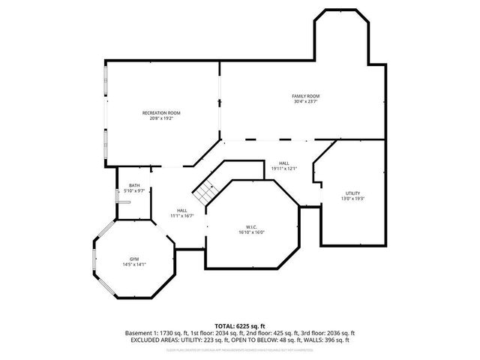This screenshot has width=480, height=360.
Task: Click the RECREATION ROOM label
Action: tap(161, 113)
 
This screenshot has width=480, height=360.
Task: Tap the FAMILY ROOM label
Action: tap(306, 97)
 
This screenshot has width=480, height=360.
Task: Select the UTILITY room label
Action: tap(352, 193)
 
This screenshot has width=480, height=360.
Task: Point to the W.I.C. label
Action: tap(251, 226)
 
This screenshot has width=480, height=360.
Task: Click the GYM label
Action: tap(133, 259)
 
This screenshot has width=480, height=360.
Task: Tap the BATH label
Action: tap(134, 185)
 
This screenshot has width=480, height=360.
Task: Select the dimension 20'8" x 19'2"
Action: tap(161, 118)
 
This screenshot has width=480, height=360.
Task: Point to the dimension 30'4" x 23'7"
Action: tap(306, 102)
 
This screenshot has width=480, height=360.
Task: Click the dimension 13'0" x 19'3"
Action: tap(352, 199)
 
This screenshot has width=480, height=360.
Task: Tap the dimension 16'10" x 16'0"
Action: tap(251, 232)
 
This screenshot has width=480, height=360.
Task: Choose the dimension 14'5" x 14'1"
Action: tap(133, 264)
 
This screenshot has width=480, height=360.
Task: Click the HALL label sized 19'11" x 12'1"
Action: tap(284, 163)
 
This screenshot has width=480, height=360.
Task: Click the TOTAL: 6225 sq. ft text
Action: tap(239, 325)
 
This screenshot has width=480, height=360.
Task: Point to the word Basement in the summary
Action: tap(137, 332)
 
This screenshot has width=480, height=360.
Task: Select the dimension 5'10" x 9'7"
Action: tap(134, 191)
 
